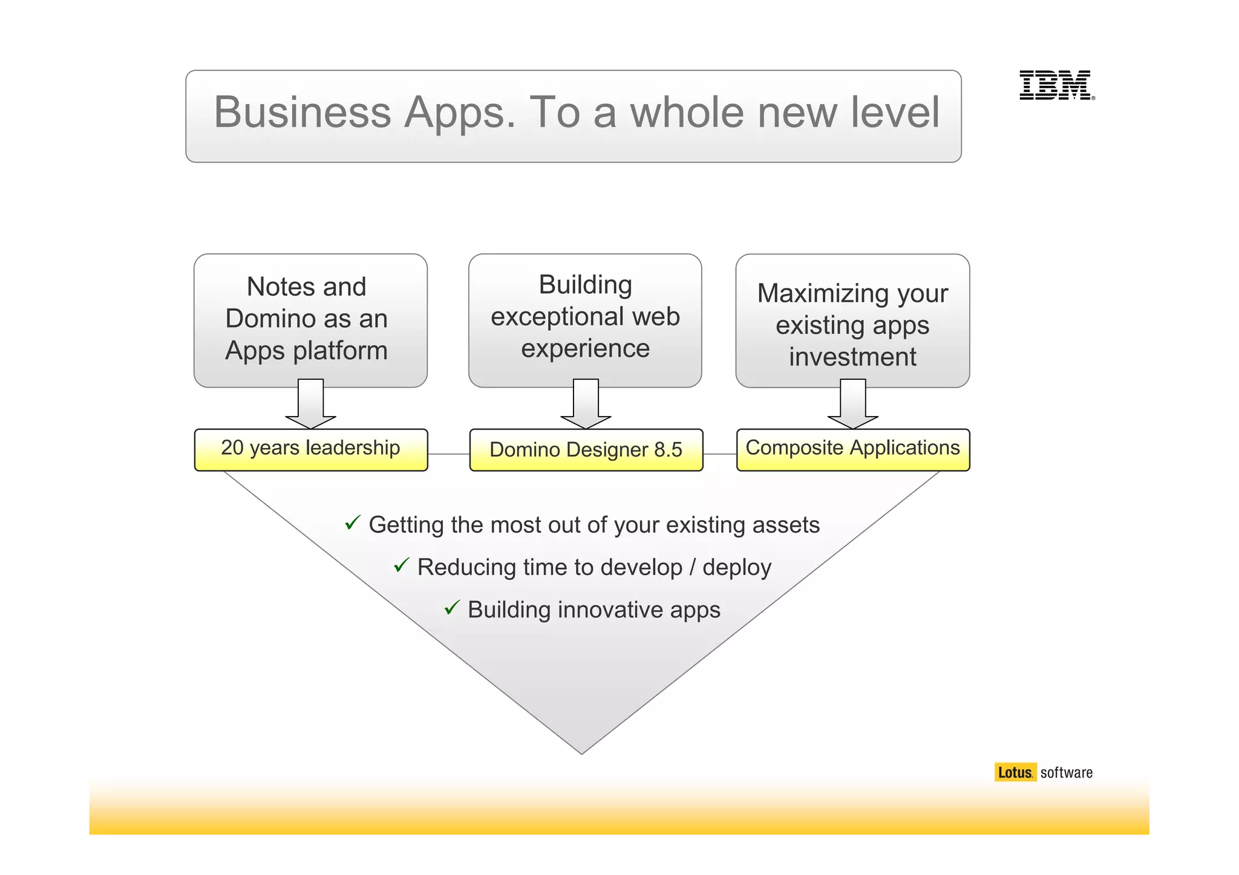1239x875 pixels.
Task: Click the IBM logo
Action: (x=1056, y=85)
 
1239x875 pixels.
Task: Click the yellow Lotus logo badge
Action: (x=1015, y=772)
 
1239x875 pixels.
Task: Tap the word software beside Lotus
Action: (x=1066, y=773)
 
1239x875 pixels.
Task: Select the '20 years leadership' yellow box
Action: (x=310, y=449)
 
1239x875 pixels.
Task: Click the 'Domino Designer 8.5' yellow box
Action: (x=586, y=450)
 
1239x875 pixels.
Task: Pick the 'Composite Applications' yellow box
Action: (x=852, y=449)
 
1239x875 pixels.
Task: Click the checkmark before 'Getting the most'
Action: (x=353, y=522)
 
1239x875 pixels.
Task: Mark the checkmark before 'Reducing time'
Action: (x=402, y=565)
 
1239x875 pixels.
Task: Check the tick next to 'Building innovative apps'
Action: (x=452, y=607)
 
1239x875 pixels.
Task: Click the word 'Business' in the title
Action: (x=302, y=112)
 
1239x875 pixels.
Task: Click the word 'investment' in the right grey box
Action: (x=852, y=357)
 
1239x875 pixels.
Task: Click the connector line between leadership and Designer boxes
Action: (x=448, y=454)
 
